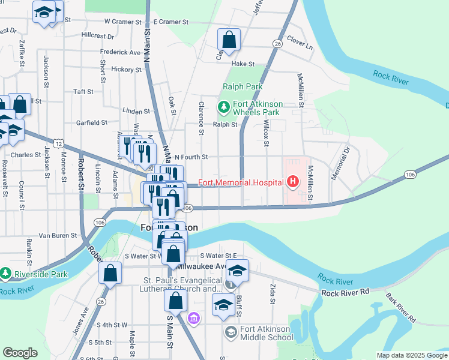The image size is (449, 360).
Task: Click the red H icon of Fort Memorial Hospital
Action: coord(293,181)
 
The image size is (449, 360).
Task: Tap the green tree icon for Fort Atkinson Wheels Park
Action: coord(224,107)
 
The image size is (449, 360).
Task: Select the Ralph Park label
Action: coord(243,86)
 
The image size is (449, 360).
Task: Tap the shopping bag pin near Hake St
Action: coord(229,41)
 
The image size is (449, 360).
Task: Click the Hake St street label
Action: coord(243,64)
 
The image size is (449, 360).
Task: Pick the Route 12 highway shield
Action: coord(58,143)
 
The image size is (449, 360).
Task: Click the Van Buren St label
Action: coord(57,236)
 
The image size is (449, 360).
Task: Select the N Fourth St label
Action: coord(191,157)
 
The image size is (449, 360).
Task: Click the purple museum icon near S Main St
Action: coord(193,318)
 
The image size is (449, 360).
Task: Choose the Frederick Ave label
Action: coord(121,53)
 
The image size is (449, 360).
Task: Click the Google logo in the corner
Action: coord(20,353)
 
